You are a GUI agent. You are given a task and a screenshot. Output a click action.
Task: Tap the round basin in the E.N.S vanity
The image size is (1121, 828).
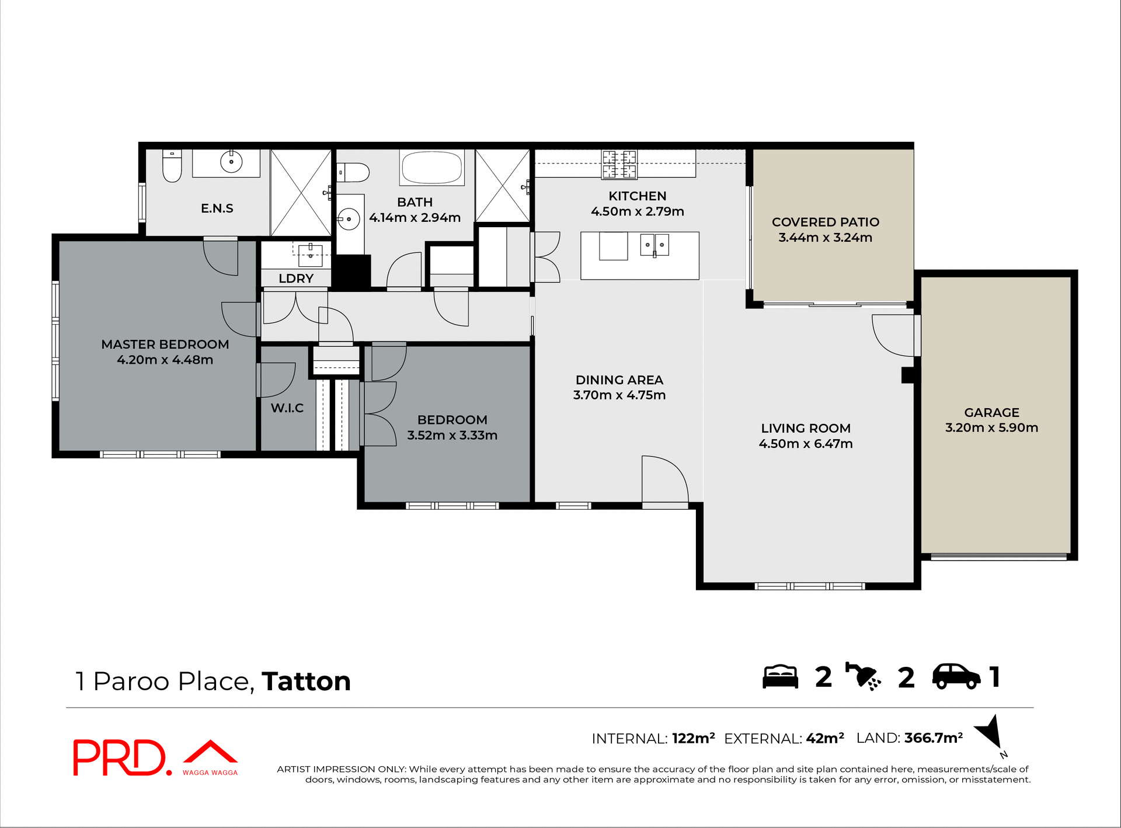231,162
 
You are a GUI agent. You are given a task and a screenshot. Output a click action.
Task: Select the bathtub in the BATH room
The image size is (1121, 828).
432,168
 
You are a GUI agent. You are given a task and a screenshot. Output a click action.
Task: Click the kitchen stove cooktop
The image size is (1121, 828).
619,164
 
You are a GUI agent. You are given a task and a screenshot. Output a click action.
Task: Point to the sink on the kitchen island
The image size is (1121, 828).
655,245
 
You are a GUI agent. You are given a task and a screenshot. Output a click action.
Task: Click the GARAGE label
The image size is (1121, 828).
991,412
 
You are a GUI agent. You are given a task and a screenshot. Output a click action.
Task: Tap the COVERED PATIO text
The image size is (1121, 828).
825,222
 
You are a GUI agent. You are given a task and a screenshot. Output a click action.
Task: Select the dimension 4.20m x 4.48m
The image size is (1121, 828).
165,360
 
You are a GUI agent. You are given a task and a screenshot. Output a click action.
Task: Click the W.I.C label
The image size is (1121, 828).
287,408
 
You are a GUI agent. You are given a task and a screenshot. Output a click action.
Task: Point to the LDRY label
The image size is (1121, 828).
296,279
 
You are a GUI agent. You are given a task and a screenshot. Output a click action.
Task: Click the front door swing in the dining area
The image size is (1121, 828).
663,479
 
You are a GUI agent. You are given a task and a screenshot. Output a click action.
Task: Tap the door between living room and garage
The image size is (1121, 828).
894,336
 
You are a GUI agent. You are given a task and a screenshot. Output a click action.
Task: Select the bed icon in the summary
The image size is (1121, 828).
780,677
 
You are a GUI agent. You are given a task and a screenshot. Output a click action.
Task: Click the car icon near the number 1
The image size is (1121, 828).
956,677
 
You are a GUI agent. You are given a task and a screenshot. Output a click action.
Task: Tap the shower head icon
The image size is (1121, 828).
864,677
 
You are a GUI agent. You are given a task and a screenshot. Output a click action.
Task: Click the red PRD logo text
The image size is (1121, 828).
120,757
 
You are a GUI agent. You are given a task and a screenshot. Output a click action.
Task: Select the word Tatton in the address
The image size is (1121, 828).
306,681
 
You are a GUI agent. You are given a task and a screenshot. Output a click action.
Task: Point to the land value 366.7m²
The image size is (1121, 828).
933,738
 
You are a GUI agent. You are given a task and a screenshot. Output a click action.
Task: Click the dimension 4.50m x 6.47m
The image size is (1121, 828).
805,444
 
